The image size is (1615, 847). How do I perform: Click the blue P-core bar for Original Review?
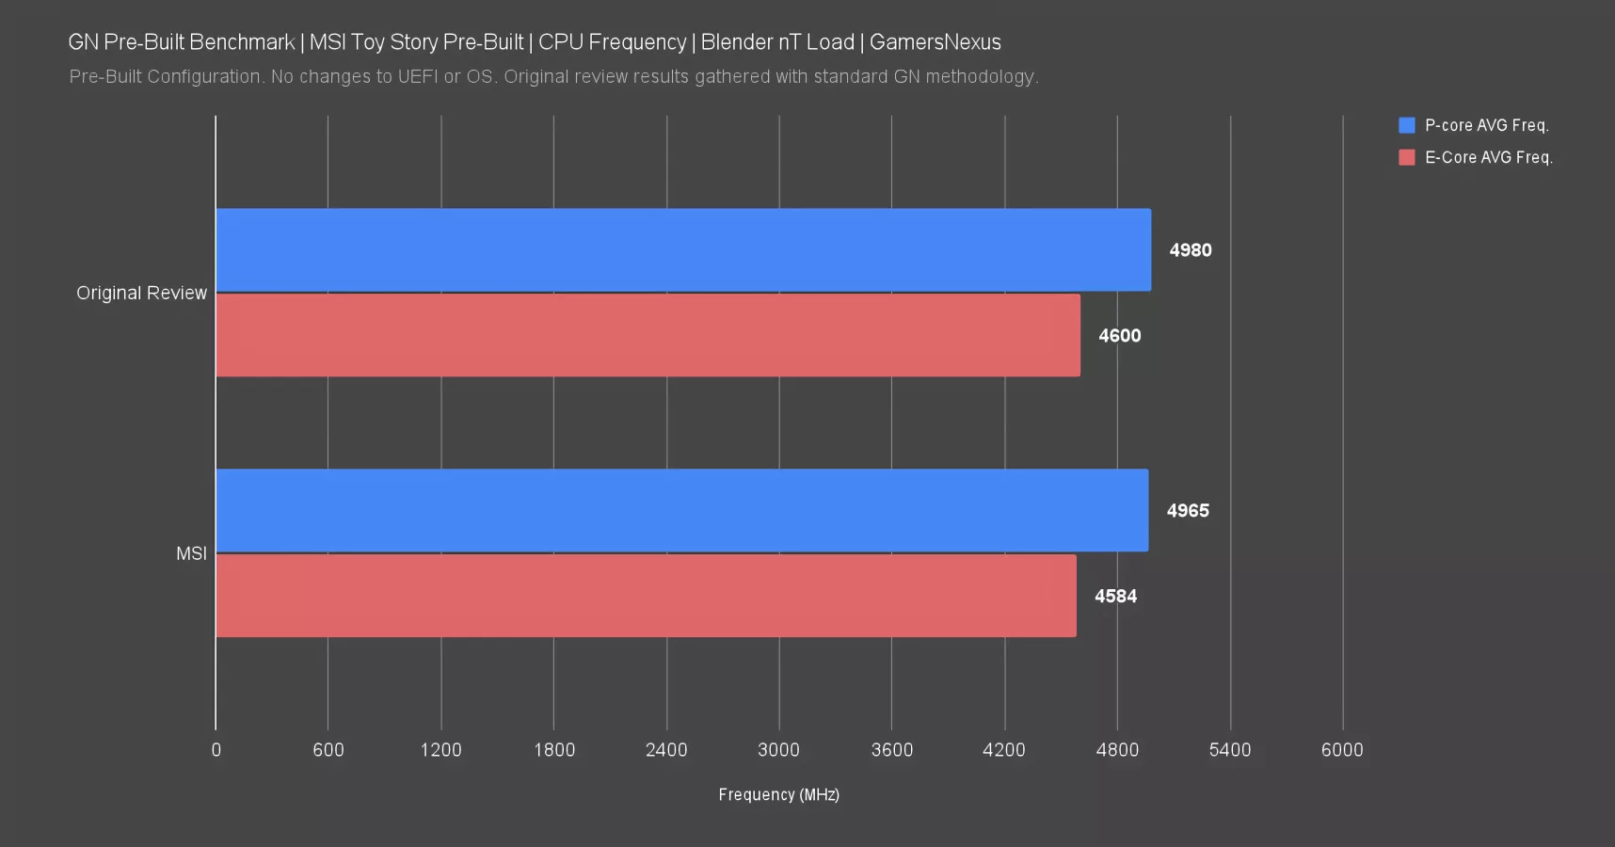pos(682,250)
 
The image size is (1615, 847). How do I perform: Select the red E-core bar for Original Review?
pos(648,336)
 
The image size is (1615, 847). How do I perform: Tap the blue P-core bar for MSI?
pos(681,510)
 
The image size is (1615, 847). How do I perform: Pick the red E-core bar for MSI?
pos(646,596)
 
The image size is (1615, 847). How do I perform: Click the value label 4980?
pos(1191,250)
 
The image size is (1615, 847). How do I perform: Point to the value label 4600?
pos(1120,336)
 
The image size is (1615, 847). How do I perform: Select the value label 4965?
pos(1188,511)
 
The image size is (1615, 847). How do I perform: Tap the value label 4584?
pos(1115,597)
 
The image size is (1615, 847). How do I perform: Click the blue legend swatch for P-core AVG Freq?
pos(1407,125)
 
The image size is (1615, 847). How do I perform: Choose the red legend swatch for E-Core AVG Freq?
pos(1407,157)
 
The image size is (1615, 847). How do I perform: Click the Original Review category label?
pos(141,294)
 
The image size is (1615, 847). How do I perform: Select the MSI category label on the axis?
pos(191,554)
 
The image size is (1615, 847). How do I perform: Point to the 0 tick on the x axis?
pos(216,750)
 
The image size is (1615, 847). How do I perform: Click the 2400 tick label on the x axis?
pos(666,750)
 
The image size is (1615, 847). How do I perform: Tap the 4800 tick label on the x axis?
pos(1117,750)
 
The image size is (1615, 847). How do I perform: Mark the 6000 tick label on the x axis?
pos(1342,750)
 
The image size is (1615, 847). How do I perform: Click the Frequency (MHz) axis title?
pos(778,795)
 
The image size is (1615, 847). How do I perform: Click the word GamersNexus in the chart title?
pos(935,42)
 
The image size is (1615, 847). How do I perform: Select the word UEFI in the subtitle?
pos(417,77)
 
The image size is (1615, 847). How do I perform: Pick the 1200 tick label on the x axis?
pos(440,750)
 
